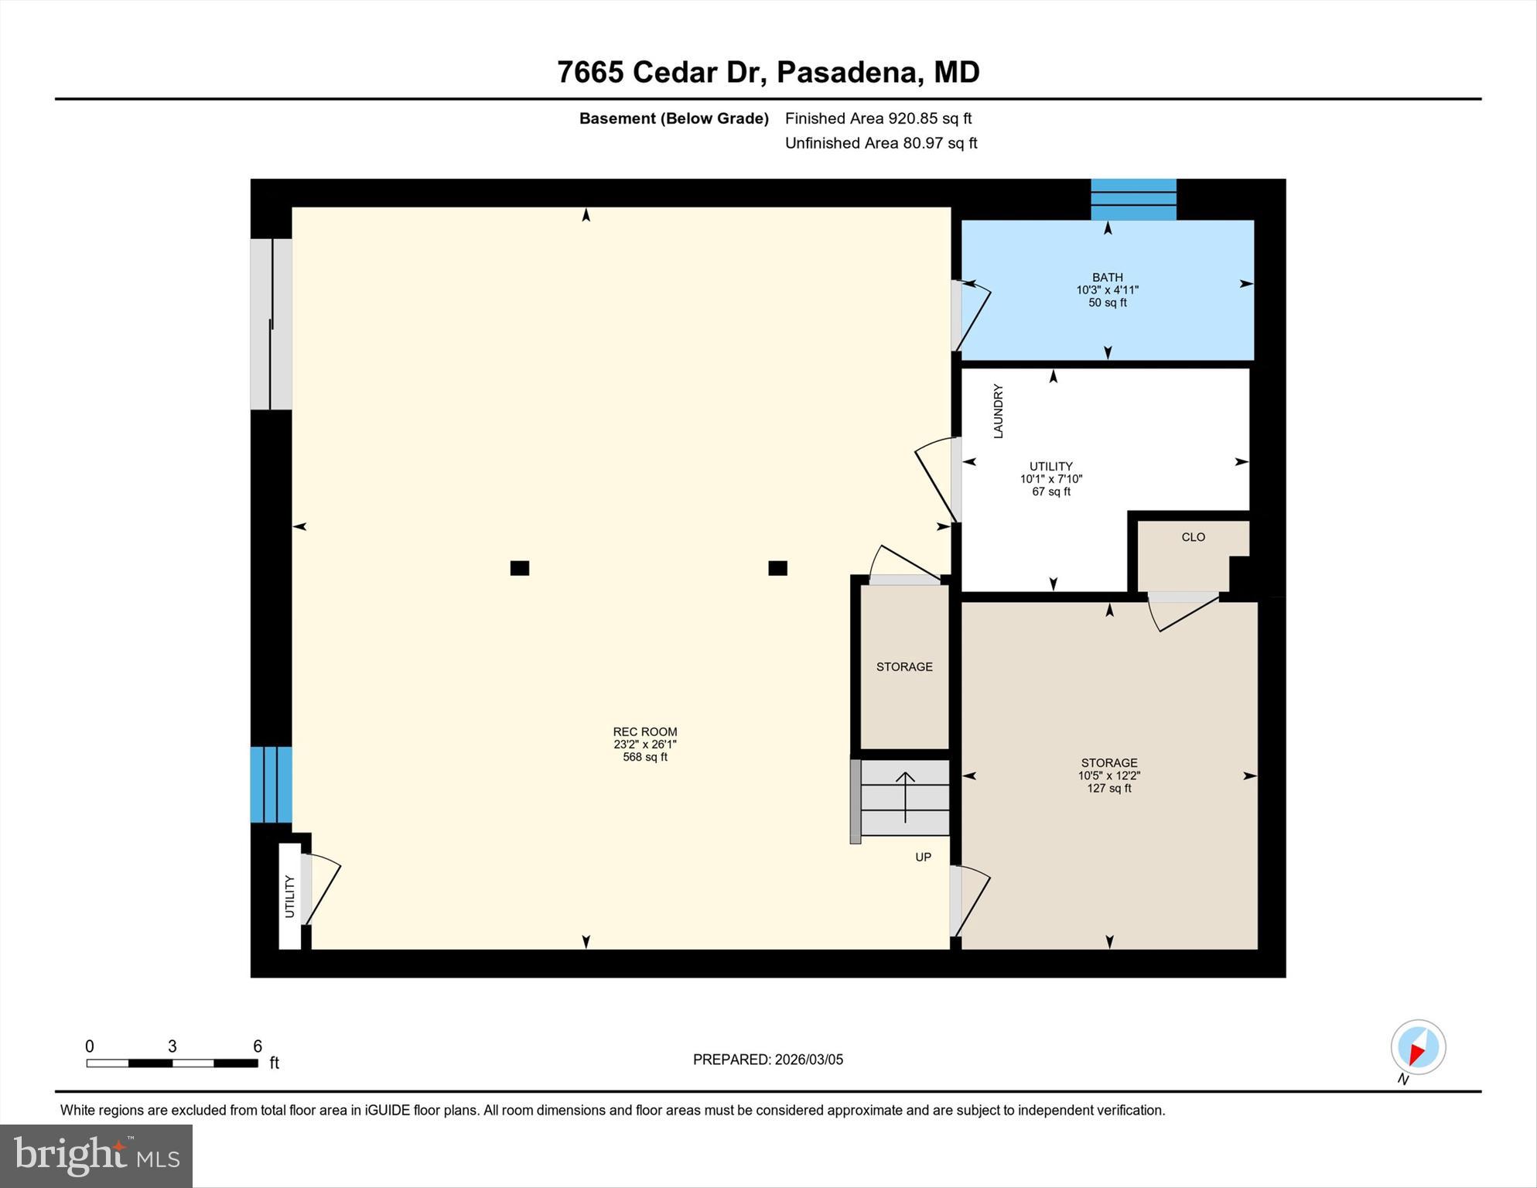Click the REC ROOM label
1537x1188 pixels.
click(644, 731)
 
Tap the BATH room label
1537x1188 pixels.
click(1107, 277)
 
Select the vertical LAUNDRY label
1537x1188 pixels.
click(998, 411)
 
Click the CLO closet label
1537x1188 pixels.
click(1193, 537)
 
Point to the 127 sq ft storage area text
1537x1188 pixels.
click(1108, 788)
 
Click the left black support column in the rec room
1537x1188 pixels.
click(519, 568)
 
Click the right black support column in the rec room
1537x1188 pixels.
click(777, 568)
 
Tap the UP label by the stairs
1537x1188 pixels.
click(923, 857)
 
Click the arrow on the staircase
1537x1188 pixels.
click(905, 796)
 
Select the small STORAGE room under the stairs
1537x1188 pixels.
click(903, 666)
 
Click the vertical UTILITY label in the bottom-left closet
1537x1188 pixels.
click(289, 896)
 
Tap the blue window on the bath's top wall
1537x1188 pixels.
click(1132, 200)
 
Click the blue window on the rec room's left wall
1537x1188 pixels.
click(271, 784)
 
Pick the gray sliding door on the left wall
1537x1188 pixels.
click(271, 324)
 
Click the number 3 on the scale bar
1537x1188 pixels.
click(172, 1046)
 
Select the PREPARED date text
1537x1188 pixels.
click(767, 1060)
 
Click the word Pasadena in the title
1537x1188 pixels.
click(849, 72)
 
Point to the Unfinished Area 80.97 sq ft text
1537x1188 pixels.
click(880, 143)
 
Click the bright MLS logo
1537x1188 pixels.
click(96, 1156)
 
